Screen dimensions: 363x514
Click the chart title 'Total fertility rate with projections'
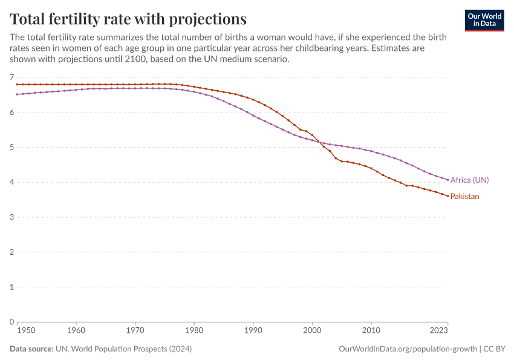pos(128,18)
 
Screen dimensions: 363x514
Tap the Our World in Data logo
pos(484,20)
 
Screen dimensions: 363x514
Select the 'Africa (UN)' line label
pos(469,180)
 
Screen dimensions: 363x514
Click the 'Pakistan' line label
pos(464,197)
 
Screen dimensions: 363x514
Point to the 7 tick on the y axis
pos(11,77)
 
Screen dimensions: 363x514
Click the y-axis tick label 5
pos(11,148)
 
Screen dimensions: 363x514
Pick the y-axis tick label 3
pos(11,217)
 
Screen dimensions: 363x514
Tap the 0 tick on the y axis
pos(11,322)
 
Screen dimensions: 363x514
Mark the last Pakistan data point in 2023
pos(447,196)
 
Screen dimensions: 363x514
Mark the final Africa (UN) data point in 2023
pos(447,180)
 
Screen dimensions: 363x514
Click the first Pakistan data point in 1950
pos(17,84)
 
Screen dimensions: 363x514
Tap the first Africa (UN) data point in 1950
pos(17,94)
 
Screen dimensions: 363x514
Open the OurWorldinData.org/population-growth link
pos(408,349)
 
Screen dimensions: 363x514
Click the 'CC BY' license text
pos(495,349)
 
